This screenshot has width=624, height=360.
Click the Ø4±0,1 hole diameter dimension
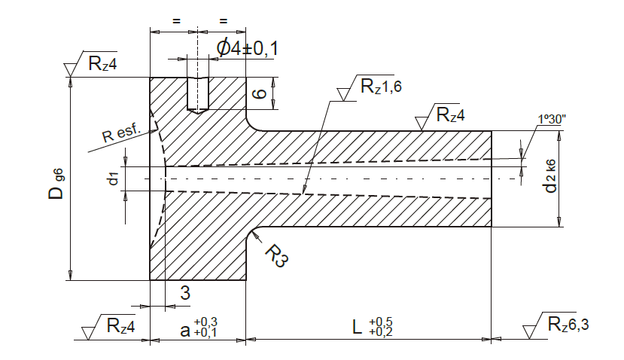coord(247,48)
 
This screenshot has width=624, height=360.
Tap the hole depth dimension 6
coord(260,93)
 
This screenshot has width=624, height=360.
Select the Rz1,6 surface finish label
coord(381,87)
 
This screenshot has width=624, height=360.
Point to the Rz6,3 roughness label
coord(568,324)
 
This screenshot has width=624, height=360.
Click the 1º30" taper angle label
coord(552,119)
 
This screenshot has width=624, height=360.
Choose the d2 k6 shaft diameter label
coord(550,176)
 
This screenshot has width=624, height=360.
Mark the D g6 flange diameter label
coord(56,184)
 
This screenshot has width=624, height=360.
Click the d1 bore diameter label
coord(113,178)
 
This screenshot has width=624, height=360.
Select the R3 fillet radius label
coord(276,256)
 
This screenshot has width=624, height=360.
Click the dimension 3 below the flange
coord(185,293)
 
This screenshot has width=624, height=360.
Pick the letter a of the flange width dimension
coord(185,331)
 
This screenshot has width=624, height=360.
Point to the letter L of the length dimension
coord(358,328)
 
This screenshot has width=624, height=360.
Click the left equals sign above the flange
coord(176,20)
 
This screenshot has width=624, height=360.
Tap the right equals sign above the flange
coord(224,20)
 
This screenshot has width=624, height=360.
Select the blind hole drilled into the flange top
coord(198,95)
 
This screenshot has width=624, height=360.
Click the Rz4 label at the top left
coord(102,63)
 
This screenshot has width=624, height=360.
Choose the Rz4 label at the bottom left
coord(121,326)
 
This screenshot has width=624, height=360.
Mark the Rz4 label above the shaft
coord(450,114)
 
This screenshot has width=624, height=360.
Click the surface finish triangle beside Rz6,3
coord(529,332)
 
